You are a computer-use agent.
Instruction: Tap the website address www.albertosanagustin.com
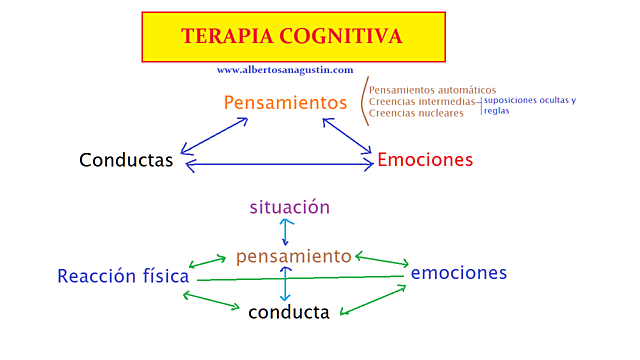point(284,70)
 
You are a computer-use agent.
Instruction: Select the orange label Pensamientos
point(285,102)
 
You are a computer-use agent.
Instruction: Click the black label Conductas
point(126,160)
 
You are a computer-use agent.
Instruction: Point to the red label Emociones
point(425,160)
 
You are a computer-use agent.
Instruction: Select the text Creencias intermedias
point(421,101)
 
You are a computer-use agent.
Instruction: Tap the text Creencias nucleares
point(416,113)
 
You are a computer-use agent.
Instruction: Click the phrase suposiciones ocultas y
point(529,100)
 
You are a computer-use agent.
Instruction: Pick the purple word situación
point(289,207)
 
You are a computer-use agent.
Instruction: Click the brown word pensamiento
point(294,257)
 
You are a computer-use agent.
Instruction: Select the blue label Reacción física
point(123,276)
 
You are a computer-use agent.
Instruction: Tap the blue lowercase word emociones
point(459,272)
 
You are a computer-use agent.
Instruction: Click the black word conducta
point(289,313)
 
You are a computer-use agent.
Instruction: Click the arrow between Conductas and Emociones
point(279,164)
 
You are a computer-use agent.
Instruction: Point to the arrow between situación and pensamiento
point(287,232)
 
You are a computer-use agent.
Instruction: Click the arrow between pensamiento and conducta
point(286,284)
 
